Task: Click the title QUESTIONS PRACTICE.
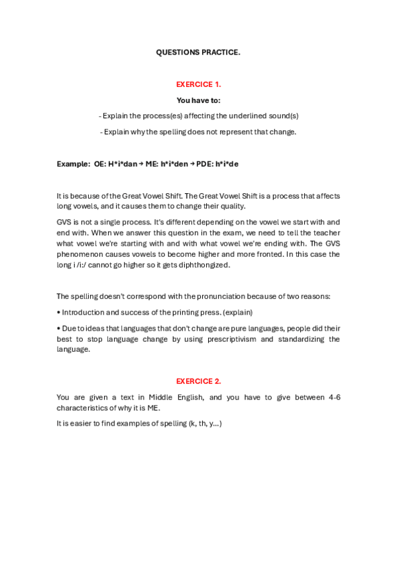click(198, 51)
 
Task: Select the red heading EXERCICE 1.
click(198, 84)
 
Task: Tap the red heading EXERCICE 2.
click(198, 381)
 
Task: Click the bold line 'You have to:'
click(198, 100)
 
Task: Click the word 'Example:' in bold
click(72, 163)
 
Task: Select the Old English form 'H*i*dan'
click(123, 163)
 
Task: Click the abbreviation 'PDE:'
click(205, 163)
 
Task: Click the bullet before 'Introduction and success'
click(58, 311)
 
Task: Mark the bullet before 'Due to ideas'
click(58, 329)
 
